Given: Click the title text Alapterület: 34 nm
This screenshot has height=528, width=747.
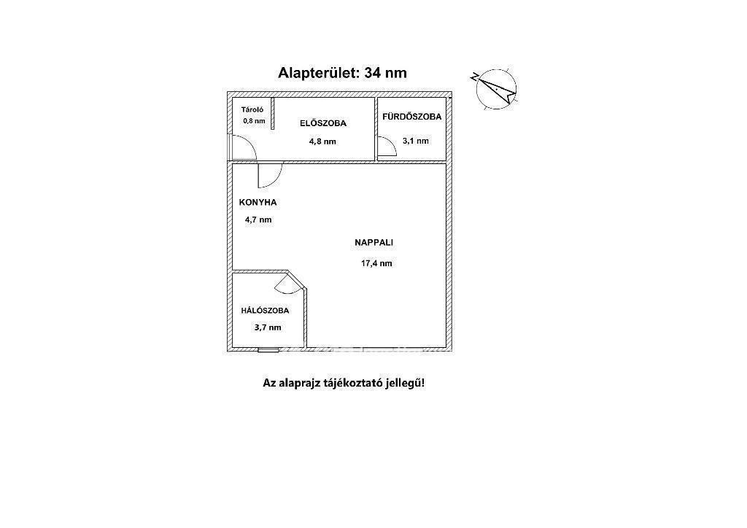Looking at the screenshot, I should [342, 72].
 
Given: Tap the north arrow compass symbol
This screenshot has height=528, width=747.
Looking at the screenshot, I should [496, 90].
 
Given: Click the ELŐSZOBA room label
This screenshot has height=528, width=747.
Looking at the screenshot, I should [323, 123].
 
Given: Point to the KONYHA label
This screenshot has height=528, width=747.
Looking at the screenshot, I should [258, 203].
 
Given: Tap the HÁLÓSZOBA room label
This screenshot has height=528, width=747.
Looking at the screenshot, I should [265, 311].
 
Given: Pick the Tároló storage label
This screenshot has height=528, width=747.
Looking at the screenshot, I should [253, 109].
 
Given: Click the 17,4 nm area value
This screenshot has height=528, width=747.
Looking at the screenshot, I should [376, 263].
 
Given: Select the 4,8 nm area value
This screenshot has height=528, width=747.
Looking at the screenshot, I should [322, 141].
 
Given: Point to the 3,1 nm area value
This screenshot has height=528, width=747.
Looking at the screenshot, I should [415, 141].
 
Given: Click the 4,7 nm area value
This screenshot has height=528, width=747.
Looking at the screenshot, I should [258, 220].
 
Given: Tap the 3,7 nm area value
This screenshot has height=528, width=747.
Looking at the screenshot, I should [267, 327].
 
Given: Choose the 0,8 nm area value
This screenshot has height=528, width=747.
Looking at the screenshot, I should [254, 121].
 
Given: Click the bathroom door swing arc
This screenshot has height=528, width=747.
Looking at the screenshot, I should [387, 148].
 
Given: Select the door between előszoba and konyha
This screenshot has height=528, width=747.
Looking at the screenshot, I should [269, 176].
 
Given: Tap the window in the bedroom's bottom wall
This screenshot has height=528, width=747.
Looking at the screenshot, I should [268, 350].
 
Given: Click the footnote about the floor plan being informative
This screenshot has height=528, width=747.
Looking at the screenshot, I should [343, 382].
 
